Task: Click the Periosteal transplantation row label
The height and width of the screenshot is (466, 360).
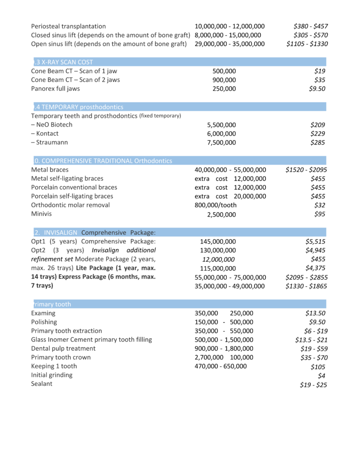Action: pyautogui.click(x=68, y=26)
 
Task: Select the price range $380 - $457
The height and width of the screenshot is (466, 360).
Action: pyautogui.click(x=311, y=26)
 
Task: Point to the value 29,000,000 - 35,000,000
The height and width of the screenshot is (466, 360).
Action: pyautogui.click(x=229, y=44)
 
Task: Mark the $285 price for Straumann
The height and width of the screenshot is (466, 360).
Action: pyautogui.click(x=318, y=143)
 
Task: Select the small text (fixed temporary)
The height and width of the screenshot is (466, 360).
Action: pyautogui.click(x=160, y=116)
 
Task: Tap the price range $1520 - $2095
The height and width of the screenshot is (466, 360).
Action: pyautogui.click(x=307, y=170)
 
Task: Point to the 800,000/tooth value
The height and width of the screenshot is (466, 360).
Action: pyautogui.click(x=216, y=205)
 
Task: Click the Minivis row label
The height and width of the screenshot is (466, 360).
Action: pyautogui.click(x=41, y=214)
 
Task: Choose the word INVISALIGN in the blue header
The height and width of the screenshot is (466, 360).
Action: pyautogui.click(x=61, y=233)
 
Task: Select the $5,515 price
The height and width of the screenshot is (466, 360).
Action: pyautogui.click(x=315, y=242)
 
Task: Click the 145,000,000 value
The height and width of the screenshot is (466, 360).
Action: pyautogui.click(x=218, y=242)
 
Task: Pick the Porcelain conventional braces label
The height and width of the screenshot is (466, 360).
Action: pyautogui.click(x=74, y=187)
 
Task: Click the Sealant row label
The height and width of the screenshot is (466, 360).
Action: pyautogui.click(x=41, y=384)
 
